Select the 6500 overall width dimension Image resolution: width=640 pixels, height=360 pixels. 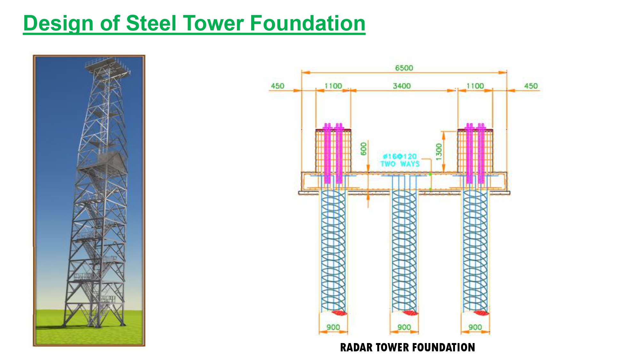click(x=404, y=68)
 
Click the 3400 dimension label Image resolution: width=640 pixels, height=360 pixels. click(x=402, y=86)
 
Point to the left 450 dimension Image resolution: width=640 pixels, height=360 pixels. click(x=277, y=86)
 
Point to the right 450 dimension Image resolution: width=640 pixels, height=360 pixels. click(x=531, y=86)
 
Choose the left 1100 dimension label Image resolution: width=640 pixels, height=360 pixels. click(x=333, y=86)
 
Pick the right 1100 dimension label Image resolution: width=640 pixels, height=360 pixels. click(x=475, y=86)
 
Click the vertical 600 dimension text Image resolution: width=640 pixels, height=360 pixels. click(x=364, y=149)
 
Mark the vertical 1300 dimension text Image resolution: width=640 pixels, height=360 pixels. click(x=439, y=152)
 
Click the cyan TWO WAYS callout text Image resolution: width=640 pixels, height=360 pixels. click(x=400, y=164)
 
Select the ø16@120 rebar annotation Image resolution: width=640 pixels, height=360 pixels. click(x=400, y=156)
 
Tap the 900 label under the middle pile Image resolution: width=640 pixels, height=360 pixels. click(x=404, y=327)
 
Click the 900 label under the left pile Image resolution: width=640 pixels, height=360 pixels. click(x=333, y=327)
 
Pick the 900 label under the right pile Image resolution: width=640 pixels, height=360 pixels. click(x=475, y=327)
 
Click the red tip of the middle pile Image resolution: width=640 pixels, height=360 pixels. click(x=410, y=313)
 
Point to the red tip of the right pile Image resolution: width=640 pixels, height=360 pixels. click(x=481, y=313)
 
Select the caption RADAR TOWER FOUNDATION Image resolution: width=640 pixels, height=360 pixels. click(x=407, y=348)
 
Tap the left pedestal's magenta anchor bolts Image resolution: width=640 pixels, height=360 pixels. click(x=333, y=154)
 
